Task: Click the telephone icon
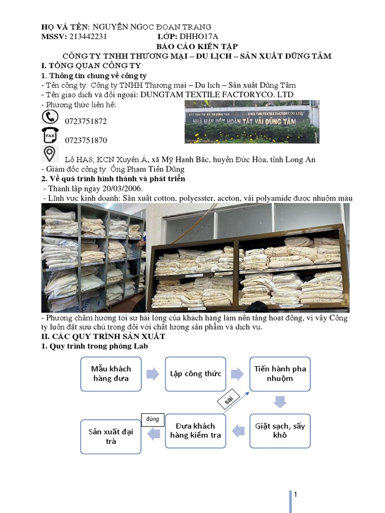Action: click(49, 117)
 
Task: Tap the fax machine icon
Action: click(49, 136)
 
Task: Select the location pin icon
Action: click(49, 154)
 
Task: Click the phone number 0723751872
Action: click(86, 121)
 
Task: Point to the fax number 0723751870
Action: click(86, 140)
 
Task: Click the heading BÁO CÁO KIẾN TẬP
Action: click(192, 46)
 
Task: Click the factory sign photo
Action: click(252, 122)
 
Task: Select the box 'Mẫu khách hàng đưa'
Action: click(111, 374)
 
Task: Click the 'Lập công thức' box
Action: click(196, 374)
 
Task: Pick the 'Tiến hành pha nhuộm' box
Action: click(280, 374)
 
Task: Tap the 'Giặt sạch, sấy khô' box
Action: click(280, 431)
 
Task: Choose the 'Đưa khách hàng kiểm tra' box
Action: click(196, 431)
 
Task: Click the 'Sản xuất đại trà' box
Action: click(111, 436)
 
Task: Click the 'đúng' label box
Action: click(152, 418)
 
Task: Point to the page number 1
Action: click(296, 495)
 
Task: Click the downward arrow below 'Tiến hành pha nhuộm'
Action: click(280, 401)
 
